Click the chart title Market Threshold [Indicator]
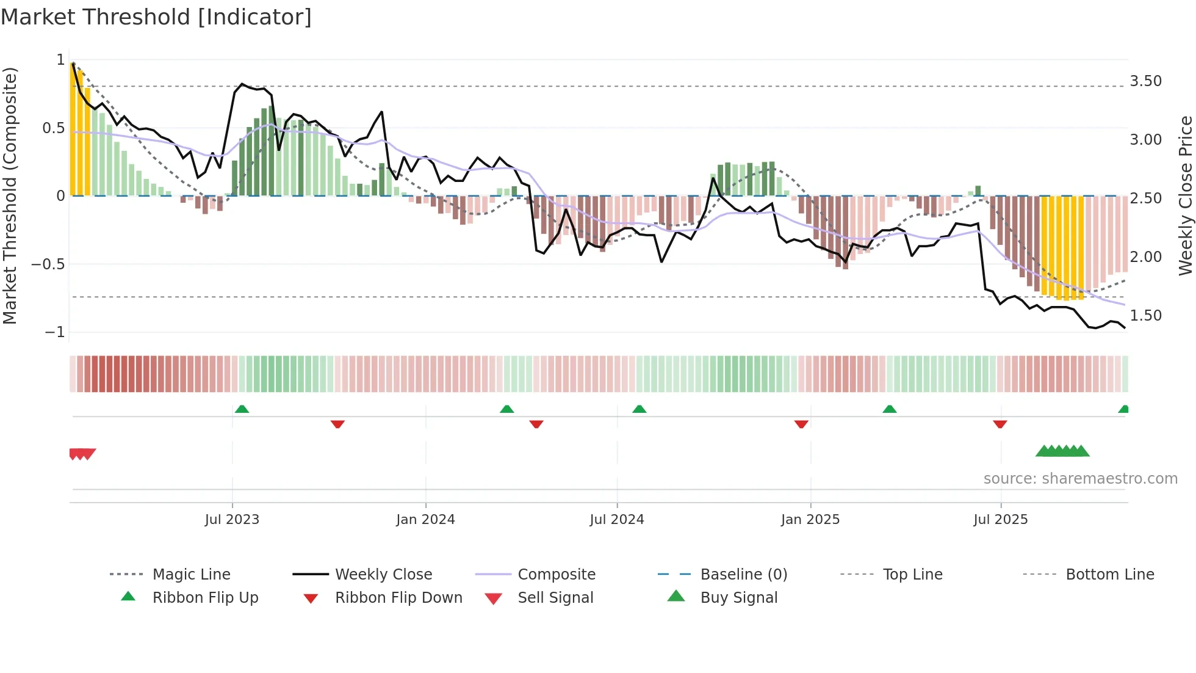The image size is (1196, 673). click(156, 17)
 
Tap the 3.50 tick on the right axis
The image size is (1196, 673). click(1145, 81)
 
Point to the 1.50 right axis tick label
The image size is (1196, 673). click(1145, 316)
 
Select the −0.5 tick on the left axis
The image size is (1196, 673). click(48, 264)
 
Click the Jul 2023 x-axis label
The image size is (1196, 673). click(232, 520)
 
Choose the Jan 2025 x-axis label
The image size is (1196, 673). click(810, 520)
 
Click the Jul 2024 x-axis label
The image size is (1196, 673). click(616, 520)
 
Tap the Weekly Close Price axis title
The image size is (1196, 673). click(1185, 195)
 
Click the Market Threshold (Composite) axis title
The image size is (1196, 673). click(10, 195)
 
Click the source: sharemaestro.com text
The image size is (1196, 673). click(1080, 479)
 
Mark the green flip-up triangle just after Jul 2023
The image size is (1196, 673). click(242, 409)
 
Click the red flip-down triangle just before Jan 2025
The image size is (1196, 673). click(801, 424)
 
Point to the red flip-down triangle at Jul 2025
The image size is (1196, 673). click(1000, 424)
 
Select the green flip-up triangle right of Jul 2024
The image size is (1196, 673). click(639, 409)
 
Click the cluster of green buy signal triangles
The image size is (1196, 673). click(1062, 451)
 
